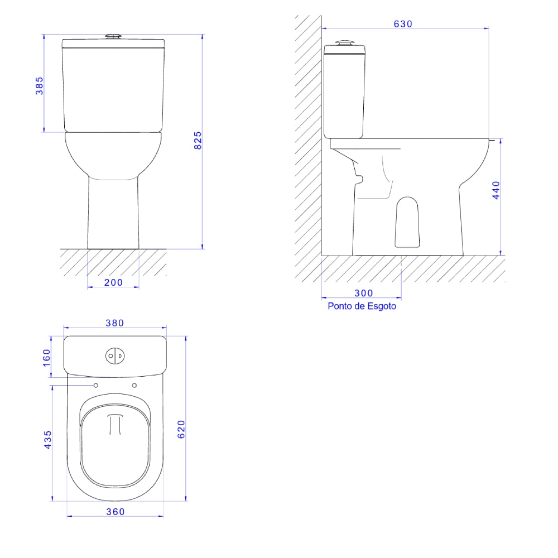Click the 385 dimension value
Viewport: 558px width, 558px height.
click(40, 85)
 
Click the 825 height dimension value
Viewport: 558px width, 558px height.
click(198, 141)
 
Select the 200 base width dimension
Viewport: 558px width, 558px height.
click(113, 282)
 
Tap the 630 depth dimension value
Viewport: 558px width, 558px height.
click(402, 24)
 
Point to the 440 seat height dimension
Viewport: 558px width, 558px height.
click(496, 191)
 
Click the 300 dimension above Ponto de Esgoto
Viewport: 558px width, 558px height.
click(363, 293)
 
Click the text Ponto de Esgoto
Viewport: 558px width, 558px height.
click(362, 306)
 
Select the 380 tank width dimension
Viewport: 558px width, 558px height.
click(115, 323)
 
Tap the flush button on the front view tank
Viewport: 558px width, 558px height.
click(114, 37)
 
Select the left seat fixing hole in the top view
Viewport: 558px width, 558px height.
click(96, 386)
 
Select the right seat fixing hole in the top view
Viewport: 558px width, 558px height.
click(134, 386)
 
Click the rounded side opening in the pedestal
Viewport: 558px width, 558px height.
click(407, 222)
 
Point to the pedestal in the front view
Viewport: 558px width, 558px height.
click(113, 215)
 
